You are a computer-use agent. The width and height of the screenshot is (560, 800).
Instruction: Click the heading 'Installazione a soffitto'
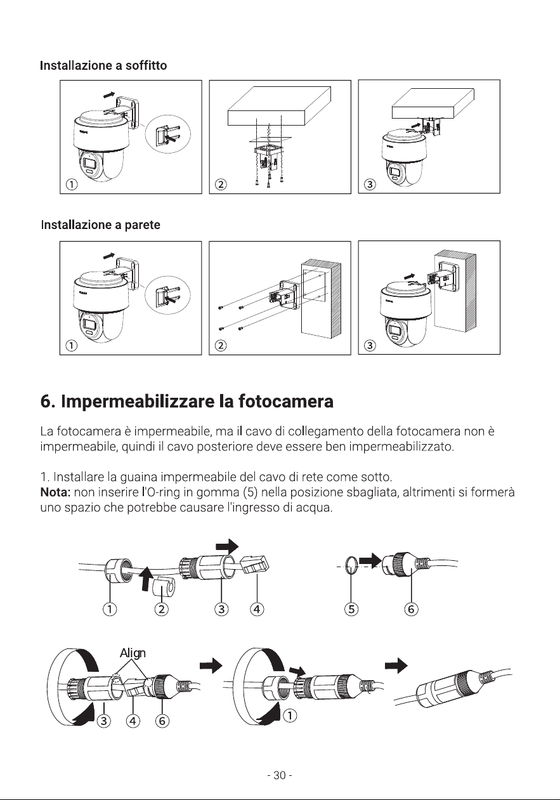pos(103,66)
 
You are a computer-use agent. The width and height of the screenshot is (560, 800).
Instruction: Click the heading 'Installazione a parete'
pos(101,225)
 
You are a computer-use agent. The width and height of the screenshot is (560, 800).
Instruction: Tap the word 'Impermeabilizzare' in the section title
pos(138,402)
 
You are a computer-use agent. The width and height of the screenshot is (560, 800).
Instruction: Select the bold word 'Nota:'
pos(56,492)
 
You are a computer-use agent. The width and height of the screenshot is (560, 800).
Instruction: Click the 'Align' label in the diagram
pos(133,653)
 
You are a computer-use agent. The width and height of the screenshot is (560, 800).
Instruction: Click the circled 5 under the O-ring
pos(351,609)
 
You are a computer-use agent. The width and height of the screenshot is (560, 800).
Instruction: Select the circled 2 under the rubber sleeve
pos(161,609)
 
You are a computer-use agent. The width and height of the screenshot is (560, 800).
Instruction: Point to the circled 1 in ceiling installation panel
pos(72,184)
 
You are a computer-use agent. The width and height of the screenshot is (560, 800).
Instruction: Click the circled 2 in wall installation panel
pos(221,345)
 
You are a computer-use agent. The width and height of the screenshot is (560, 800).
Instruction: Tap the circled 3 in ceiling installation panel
pos(370,184)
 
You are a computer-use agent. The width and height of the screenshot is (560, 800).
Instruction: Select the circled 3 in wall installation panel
pos(370,345)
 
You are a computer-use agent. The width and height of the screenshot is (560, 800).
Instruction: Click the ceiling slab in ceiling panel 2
pos(279,106)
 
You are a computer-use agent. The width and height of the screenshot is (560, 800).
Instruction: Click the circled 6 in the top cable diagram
pos(411,609)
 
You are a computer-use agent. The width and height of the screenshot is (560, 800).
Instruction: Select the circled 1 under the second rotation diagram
pos(290,716)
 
